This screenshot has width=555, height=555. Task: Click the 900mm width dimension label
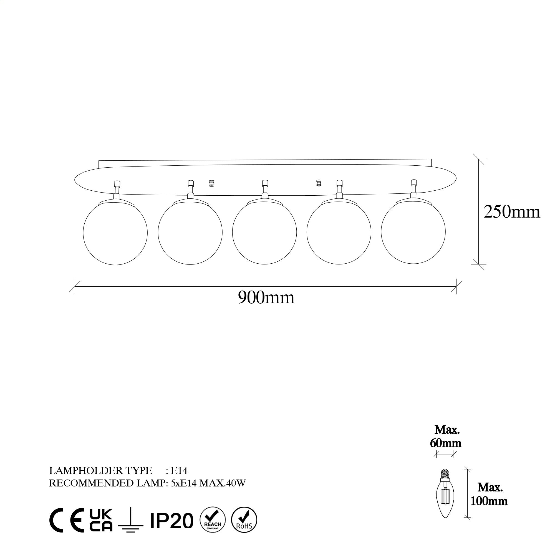click(x=266, y=297)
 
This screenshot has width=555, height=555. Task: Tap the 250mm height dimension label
click(x=512, y=212)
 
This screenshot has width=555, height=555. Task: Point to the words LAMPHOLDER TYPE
click(x=100, y=471)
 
